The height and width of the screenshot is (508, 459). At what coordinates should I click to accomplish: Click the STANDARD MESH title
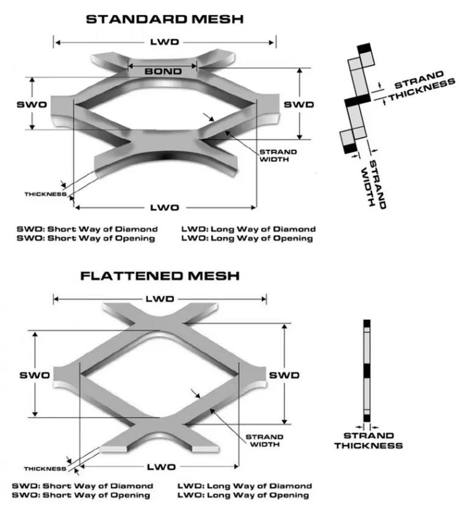165,18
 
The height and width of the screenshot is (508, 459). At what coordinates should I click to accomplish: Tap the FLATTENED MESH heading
160,275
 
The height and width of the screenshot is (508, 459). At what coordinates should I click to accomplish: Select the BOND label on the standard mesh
163,72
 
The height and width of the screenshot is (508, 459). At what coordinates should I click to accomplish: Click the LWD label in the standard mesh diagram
165,42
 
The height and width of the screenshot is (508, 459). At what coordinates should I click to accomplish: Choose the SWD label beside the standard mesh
299,104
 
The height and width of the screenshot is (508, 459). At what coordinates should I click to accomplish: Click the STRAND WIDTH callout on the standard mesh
278,155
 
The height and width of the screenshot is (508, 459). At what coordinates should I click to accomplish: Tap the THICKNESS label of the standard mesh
45,194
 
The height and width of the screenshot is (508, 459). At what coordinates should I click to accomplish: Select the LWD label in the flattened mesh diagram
160,299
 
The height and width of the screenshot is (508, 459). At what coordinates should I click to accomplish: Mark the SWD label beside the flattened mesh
285,374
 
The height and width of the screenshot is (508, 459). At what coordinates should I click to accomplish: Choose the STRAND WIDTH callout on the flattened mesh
264,441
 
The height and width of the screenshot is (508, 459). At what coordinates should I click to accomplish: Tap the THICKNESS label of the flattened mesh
45,469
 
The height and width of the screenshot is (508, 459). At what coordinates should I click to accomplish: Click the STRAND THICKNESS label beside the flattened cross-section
368,441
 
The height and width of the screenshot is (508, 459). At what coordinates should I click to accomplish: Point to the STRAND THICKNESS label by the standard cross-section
423,86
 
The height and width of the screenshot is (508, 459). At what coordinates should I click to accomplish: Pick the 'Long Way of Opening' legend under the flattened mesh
245,495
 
